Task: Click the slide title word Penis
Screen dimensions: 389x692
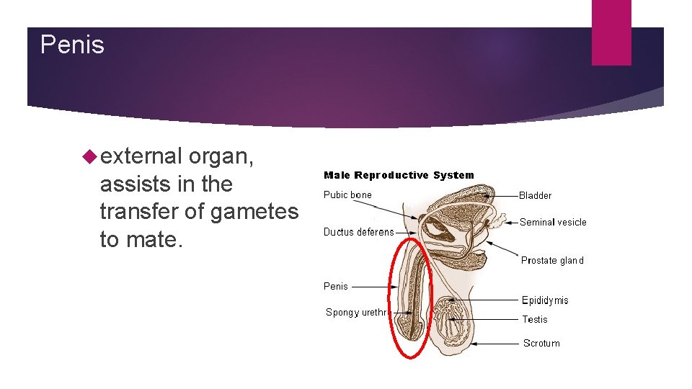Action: coord(72,45)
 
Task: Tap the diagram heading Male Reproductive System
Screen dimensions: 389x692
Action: coord(399,175)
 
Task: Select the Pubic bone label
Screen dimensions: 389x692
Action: coord(347,194)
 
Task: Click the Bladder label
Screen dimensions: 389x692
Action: coord(536,195)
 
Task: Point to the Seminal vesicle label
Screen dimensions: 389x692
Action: coord(553,223)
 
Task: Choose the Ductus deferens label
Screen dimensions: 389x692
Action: coord(359,232)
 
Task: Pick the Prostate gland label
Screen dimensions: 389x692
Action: coord(552,261)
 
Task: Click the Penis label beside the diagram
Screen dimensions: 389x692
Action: coord(336,286)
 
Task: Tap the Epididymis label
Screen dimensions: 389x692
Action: coord(545,300)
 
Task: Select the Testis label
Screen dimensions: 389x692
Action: coord(535,319)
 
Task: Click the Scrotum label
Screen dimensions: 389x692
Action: coord(541,344)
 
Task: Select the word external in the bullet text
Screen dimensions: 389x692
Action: coord(141,156)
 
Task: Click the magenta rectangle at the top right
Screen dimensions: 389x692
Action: coord(611,32)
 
